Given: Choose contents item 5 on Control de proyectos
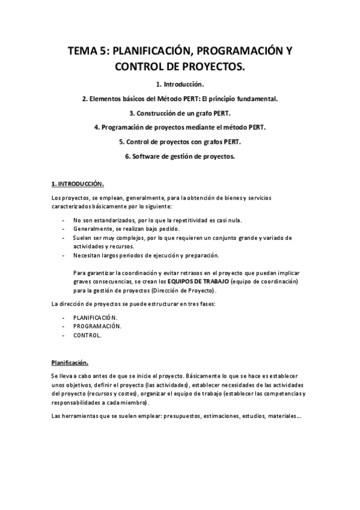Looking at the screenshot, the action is point(180,142).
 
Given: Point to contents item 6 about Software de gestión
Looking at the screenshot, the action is point(180,156).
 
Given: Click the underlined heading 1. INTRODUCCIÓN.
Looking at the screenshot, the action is point(78,183).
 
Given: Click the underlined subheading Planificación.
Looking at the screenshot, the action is point(70,362).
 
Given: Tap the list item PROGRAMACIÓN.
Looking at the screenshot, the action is point(97,326).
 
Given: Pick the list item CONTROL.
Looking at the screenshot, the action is point(87,336).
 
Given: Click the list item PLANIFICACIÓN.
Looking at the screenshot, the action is point(96,316).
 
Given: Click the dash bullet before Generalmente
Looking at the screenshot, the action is point(64,229).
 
